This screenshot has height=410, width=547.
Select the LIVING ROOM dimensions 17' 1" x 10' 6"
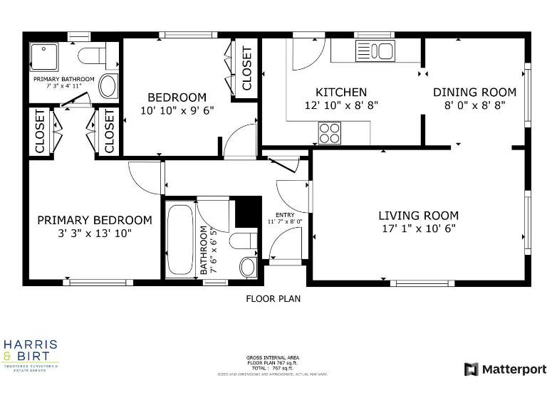(418, 228)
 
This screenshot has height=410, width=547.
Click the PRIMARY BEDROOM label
(95, 220)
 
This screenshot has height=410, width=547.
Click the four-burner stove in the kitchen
(329, 132)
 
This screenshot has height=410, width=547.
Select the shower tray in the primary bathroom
(48, 55)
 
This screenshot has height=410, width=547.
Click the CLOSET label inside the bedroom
(247, 68)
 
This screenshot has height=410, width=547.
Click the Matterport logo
(506, 369)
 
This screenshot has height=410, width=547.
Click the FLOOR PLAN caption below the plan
(273, 298)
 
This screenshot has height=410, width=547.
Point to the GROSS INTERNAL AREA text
(273, 357)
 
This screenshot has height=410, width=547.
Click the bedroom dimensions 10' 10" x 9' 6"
(177, 110)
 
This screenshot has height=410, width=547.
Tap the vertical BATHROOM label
(204, 250)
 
